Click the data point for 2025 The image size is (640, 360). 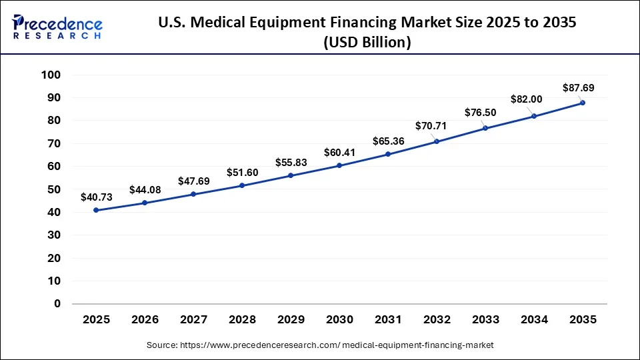point(97,210)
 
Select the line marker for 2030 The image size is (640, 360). point(339,165)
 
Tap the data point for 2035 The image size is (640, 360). point(582,103)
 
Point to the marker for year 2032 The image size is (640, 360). point(437,141)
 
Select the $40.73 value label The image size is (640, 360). point(97,197)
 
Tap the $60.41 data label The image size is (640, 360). point(340,153)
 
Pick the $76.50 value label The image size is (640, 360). point(481,112)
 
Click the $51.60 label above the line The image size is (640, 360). point(243,173)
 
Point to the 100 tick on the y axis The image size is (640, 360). point(51,75)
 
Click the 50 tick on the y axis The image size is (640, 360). point(53,189)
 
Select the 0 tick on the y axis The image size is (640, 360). point(57,304)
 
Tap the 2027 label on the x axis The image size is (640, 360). point(193,320)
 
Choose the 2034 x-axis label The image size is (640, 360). point(533,320)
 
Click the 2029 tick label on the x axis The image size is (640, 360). point(291,320)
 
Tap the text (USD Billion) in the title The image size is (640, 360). point(367,42)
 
